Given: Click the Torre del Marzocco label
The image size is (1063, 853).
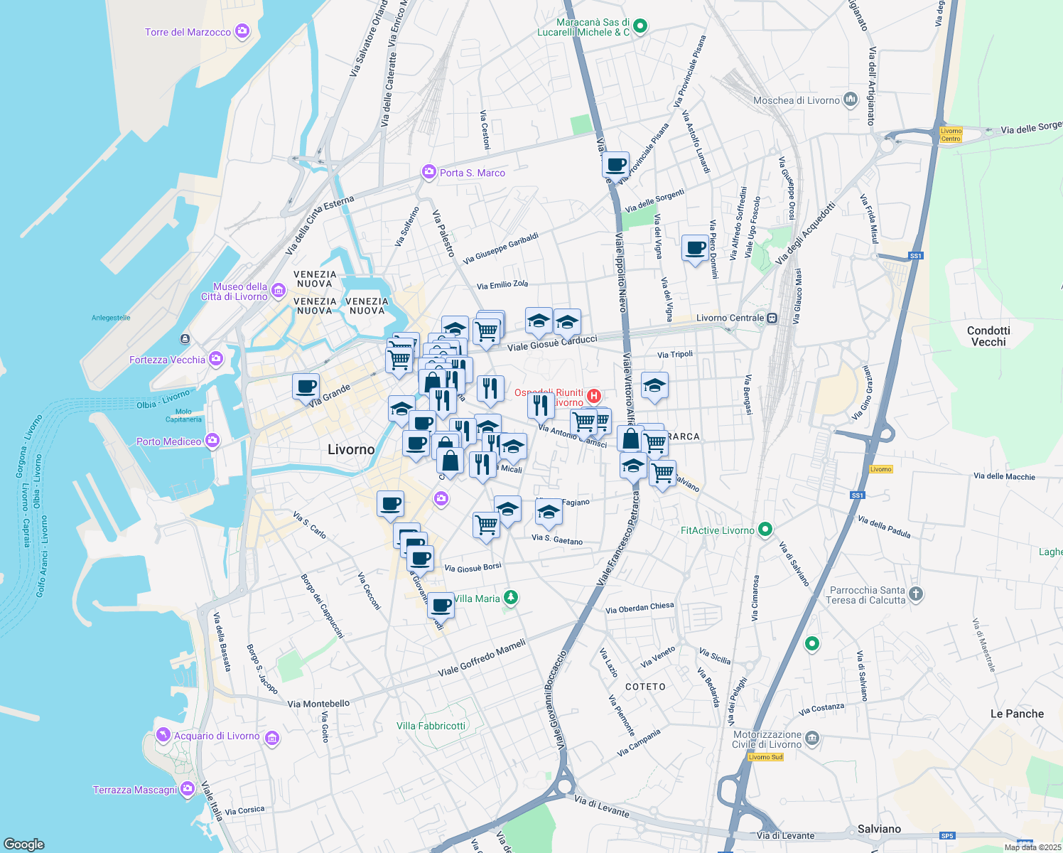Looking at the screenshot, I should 188,32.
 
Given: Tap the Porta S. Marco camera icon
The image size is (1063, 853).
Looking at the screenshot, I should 428,172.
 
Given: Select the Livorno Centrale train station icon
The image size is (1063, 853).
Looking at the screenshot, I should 772,318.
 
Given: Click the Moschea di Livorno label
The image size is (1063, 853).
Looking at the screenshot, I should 796,100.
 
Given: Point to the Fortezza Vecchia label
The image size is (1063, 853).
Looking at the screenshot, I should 167,360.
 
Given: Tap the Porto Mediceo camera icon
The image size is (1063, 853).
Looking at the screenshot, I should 212,441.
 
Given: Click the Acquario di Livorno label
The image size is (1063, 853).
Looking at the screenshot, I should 217,736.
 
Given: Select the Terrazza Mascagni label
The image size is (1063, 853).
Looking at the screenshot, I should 135,790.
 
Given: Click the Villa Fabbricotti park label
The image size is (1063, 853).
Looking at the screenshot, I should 431,726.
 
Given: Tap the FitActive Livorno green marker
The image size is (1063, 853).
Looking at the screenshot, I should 765,530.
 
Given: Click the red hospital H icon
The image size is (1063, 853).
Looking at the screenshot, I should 593,396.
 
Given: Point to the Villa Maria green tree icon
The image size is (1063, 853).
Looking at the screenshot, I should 510,597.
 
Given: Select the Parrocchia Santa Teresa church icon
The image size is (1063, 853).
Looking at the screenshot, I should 916,594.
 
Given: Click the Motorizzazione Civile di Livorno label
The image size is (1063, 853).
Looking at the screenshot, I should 767,739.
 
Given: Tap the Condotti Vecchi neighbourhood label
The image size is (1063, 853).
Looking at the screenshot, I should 988,336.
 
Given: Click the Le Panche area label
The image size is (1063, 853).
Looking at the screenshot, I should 1017,714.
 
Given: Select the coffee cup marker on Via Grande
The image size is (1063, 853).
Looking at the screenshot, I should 306,387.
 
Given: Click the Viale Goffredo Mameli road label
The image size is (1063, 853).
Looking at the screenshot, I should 482,658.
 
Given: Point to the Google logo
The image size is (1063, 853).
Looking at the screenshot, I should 23,844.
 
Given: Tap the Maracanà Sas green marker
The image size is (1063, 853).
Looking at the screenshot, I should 640,26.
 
